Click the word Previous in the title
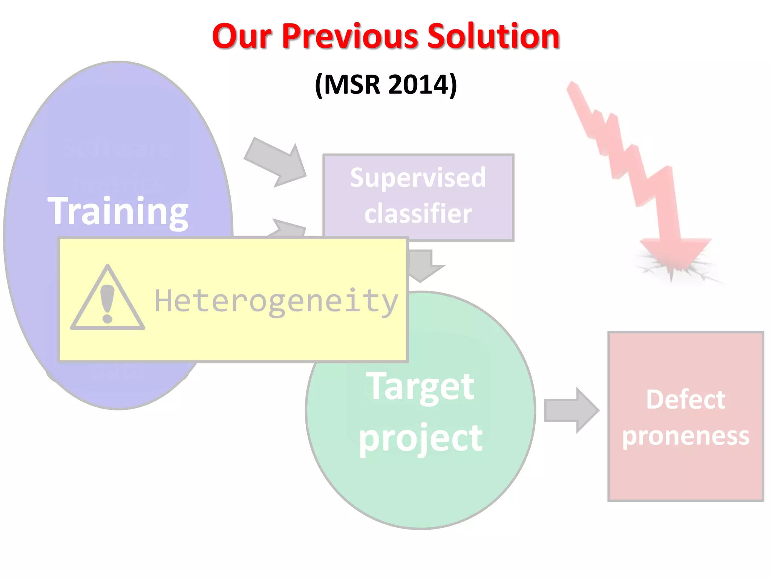click(x=350, y=37)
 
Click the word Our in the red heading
click(x=242, y=37)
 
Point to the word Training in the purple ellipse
click(x=118, y=212)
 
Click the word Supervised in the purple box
click(x=418, y=178)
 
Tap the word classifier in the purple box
click(x=418, y=214)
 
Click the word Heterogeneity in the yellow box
click(x=276, y=302)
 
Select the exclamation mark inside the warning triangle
click(x=107, y=304)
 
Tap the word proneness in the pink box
click(x=685, y=436)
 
